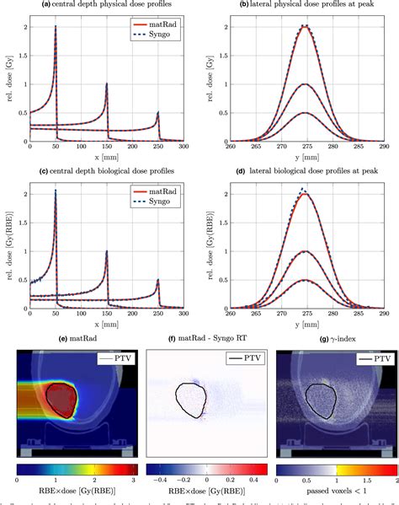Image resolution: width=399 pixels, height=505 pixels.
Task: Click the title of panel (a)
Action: click(108, 5)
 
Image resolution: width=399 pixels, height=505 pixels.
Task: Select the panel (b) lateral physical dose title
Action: click(306, 5)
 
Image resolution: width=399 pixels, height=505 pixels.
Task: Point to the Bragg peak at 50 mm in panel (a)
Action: click(56, 27)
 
